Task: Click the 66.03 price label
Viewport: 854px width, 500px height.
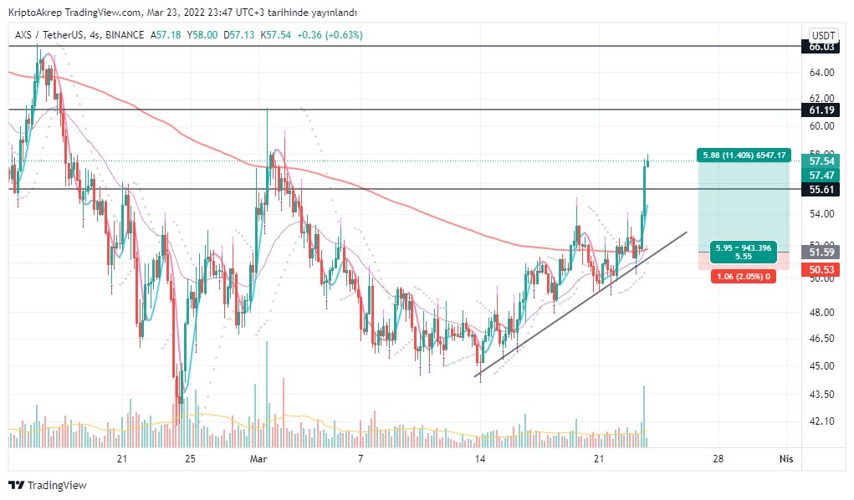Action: click(821, 47)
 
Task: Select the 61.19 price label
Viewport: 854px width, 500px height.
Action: click(821, 110)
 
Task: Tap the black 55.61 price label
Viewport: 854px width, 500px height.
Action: click(821, 190)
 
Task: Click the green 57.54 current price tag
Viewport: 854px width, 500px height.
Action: click(821, 161)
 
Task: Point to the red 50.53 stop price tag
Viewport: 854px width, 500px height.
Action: click(821, 269)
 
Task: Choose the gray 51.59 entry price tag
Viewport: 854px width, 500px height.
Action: click(821, 253)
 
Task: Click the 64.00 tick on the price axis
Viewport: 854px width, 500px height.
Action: click(821, 73)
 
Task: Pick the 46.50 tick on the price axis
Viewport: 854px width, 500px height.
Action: click(821, 339)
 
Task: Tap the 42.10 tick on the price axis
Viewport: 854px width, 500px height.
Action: click(821, 421)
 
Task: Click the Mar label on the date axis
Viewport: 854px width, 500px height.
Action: click(258, 459)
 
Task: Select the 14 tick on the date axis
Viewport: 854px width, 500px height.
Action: click(479, 459)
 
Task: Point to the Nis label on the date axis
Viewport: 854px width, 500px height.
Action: click(786, 459)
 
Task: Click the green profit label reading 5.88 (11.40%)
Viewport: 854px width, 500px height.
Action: click(744, 156)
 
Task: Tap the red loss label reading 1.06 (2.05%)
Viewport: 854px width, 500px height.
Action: click(743, 277)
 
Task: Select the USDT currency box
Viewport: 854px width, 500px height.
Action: click(823, 36)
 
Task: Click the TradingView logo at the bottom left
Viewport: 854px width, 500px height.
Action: click(48, 485)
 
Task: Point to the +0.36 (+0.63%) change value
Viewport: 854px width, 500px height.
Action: click(330, 35)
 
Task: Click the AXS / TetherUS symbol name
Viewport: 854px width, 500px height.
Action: click(49, 35)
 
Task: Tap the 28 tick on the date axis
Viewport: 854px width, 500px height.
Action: click(718, 459)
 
